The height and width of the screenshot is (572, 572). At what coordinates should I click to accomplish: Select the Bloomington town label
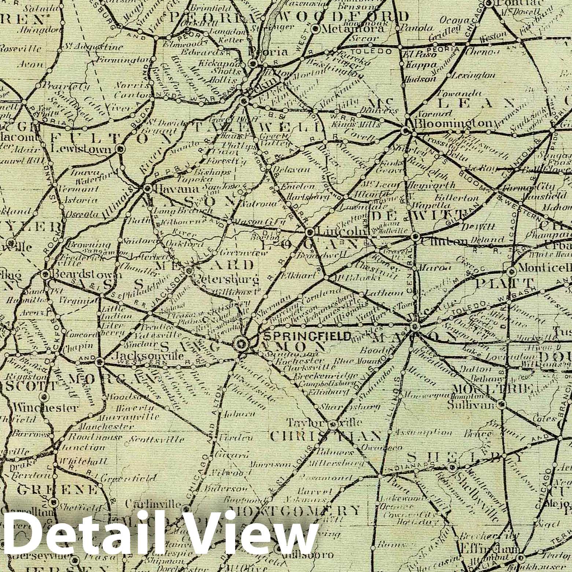(453, 123)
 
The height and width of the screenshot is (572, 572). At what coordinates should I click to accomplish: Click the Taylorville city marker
(333, 425)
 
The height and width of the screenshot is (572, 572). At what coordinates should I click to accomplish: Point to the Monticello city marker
(512, 272)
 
